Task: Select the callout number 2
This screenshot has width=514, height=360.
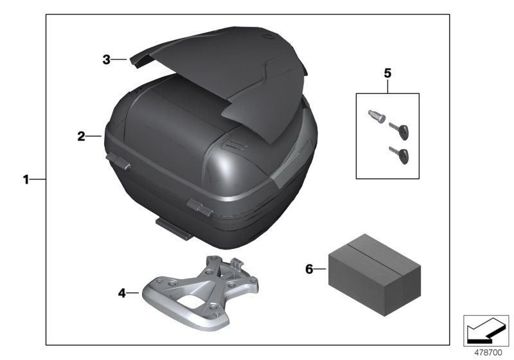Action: click(x=81, y=136)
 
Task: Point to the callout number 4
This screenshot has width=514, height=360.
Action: click(x=121, y=293)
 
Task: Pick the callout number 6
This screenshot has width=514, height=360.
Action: click(x=310, y=269)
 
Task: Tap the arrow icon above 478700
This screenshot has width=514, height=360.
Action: click(x=486, y=330)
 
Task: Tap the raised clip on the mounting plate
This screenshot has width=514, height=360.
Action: click(x=236, y=262)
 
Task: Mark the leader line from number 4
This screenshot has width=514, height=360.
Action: click(x=132, y=293)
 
